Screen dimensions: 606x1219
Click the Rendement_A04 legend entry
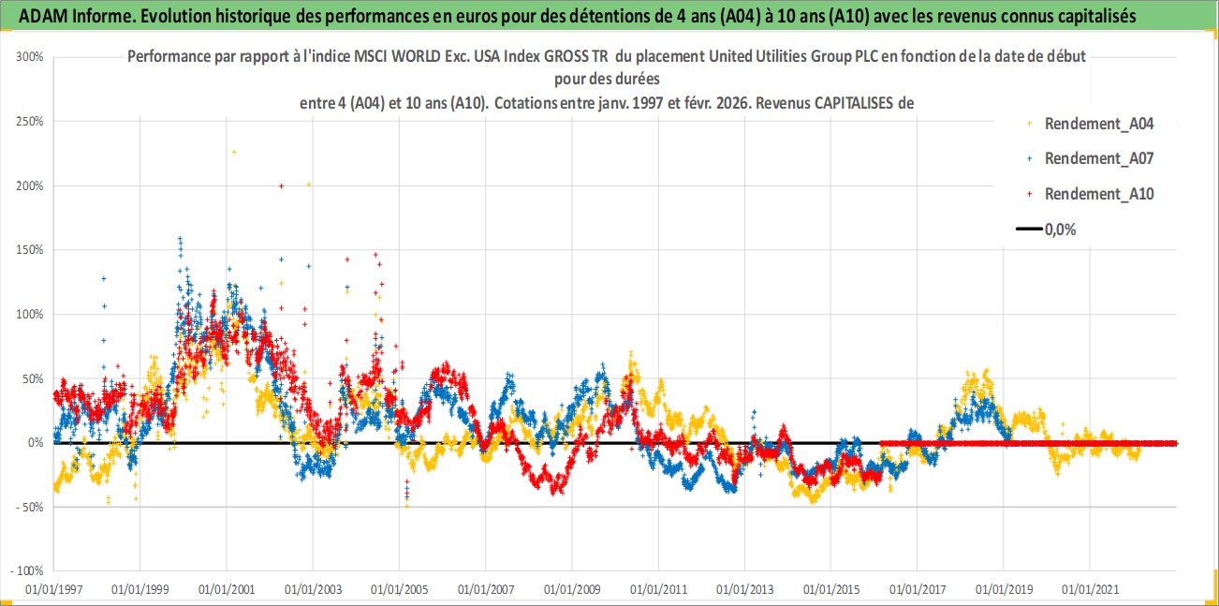[x=1097, y=123]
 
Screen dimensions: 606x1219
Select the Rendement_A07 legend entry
[x=1097, y=158]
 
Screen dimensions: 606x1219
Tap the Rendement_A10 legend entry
[x=1097, y=194]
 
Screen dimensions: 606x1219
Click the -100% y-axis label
[x=29, y=570]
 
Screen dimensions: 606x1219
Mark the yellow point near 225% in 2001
[x=234, y=152]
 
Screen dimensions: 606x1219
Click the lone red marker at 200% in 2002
[x=281, y=186]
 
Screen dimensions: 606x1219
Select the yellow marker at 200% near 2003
[x=308, y=185]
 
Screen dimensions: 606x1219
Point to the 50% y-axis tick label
[x=34, y=378]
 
